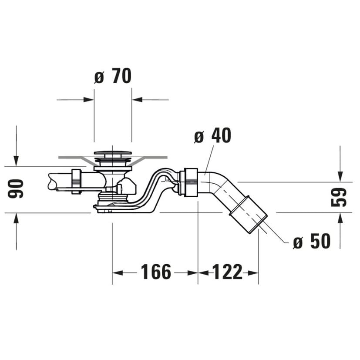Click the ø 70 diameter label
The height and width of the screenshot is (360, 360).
point(113,76)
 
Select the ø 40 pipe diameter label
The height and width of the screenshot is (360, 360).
point(212,135)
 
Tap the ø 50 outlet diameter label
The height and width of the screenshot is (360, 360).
point(312,241)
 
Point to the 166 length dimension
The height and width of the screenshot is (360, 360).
point(156,272)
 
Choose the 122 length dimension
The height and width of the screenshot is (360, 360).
point(228,272)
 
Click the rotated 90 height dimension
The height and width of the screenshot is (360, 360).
point(16,189)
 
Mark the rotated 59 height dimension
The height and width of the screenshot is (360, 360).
point(339,197)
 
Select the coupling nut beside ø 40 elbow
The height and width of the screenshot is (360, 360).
point(189,182)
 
